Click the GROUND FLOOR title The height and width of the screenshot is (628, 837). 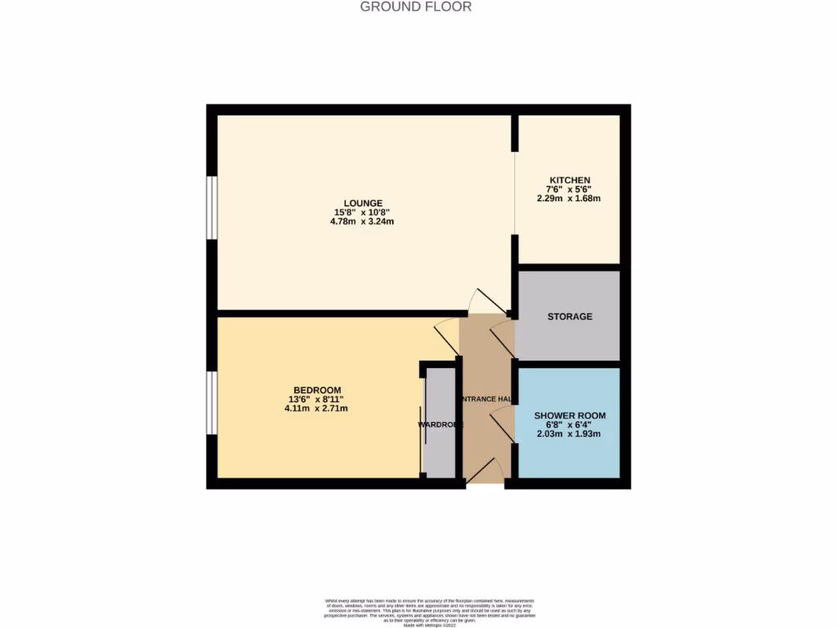[416, 7]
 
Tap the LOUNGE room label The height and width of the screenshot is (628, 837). [363, 203]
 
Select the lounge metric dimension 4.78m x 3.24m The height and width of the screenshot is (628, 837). [363, 221]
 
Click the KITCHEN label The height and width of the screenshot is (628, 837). [570, 180]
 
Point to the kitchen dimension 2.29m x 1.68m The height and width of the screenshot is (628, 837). [570, 198]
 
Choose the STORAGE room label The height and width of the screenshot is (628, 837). [570, 316]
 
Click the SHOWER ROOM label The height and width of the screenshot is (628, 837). [570, 415]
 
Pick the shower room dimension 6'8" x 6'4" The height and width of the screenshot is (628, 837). [570, 424]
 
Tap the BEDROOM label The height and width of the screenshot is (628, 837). [317, 389]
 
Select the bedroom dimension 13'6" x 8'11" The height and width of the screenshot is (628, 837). [317, 399]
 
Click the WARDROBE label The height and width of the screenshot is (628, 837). [441, 424]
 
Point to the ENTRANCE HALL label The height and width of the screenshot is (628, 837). [487, 399]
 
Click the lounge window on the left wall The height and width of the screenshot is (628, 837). [211, 208]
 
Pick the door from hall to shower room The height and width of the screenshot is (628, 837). [502, 428]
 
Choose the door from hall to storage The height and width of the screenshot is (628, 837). [501, 336]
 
